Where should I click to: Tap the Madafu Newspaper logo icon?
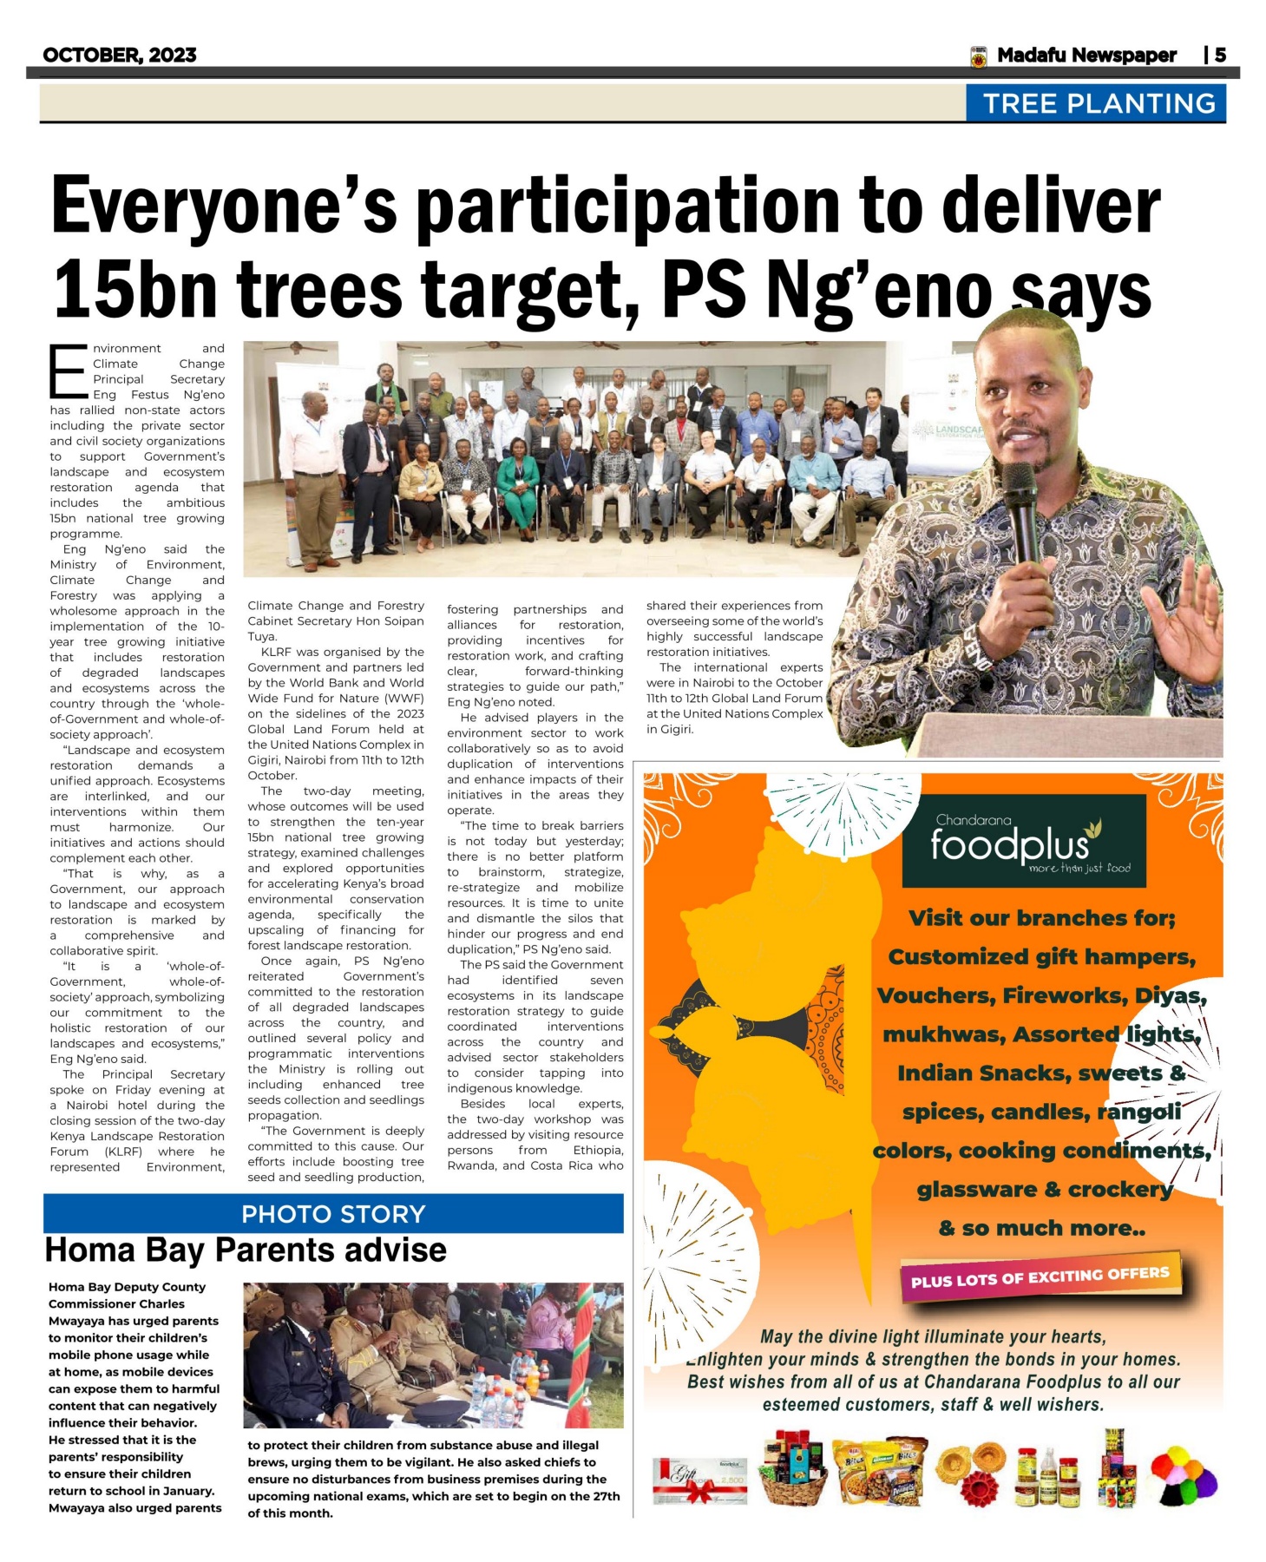[x=979, y=56]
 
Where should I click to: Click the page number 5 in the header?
[x=1220, y=56]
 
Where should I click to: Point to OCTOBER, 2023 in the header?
[x=120, y=56]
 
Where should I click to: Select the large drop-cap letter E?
[x=68, y=371]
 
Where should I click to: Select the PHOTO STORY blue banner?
[x=333, y=1213]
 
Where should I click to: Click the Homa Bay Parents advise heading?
[x=246, y=1250]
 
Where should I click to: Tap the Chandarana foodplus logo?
[x=1024, y=840]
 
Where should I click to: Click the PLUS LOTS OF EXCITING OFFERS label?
[x=1040, y=1277]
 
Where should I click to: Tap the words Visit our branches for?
[x=1041, y=918]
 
